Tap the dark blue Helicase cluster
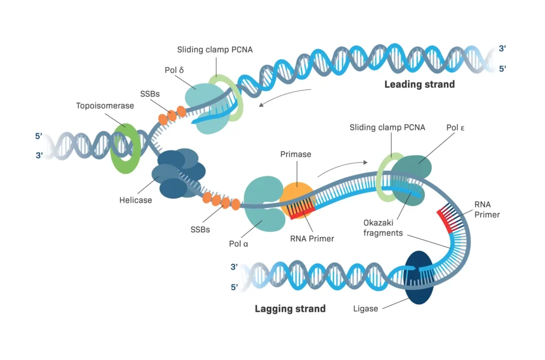tap(178, 172)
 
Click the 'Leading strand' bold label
tap(419, 84)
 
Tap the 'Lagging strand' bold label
tap(290, 308)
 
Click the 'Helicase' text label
tap(136, 200)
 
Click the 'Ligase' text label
tap(366, 308)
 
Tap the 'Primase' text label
tap(295, 154)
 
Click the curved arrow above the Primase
tap(342, 167)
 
